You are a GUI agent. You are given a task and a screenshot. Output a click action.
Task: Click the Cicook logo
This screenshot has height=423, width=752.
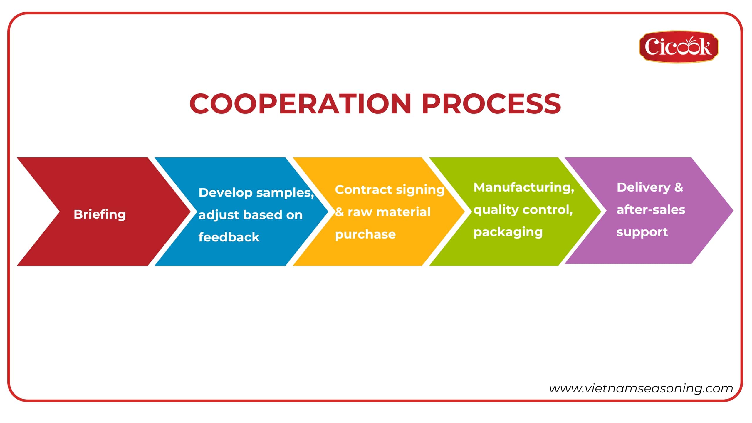click(679, 47)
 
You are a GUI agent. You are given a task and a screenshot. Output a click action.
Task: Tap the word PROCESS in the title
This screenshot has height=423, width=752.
click(491, 103)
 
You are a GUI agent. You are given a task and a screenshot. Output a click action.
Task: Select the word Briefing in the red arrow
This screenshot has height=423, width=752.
click(100, 215)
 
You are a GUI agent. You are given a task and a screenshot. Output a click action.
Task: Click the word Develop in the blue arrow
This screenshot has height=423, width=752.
click(225, 193)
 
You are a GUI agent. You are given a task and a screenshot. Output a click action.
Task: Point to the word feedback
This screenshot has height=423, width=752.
click(229, 237)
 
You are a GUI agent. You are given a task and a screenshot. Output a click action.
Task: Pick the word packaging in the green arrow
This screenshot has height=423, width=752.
click(508, 232)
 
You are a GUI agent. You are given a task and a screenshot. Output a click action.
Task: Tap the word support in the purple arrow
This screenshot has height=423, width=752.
click(642, 232)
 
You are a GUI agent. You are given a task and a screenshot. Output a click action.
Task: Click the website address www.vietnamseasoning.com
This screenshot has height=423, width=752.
click(641, 388)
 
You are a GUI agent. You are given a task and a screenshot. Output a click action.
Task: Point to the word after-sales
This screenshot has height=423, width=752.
click(651, 210)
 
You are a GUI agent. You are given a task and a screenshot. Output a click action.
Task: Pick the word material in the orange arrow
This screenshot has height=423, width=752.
click(404, 212)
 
